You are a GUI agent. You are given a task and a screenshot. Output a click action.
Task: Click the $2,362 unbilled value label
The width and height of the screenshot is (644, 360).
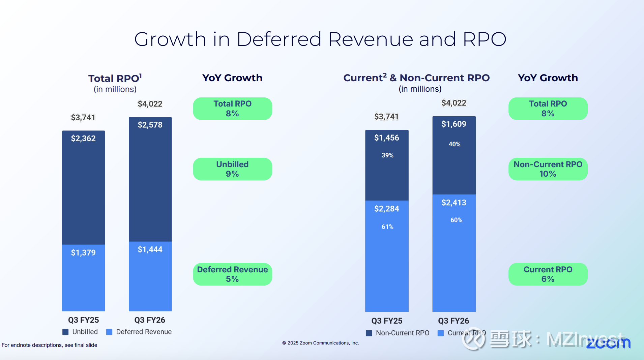coord(83,139)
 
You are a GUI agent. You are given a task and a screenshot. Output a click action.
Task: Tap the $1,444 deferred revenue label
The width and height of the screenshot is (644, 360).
coord(150,249)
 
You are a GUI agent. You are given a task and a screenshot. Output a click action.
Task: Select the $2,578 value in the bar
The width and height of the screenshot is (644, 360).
coord(150,125)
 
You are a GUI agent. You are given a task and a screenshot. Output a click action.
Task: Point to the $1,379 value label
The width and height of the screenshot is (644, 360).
coord(83,253)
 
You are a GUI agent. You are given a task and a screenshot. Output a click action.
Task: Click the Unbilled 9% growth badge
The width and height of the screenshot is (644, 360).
coord(232,169)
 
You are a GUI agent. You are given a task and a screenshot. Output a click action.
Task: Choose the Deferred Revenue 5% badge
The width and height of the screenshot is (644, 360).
coord(232,274)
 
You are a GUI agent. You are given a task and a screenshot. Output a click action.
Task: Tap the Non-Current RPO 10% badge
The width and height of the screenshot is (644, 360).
coord(548,169)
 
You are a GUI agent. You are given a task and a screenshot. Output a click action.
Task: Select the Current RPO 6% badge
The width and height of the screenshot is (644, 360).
coord(548,274)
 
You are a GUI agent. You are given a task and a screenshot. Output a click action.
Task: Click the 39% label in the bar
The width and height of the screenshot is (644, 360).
coord(387,155)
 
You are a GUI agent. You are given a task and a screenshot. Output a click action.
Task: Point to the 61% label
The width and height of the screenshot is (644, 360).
coord(387,227)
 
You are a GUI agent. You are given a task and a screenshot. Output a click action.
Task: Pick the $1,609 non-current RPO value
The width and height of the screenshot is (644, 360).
coord(454,124)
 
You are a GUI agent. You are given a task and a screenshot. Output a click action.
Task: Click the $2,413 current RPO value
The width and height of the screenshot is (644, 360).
coord(454,203)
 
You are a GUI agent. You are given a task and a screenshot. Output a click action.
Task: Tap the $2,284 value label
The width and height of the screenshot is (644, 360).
coord(387,209)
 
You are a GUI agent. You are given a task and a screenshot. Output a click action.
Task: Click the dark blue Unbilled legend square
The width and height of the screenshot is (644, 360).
coord(66,332)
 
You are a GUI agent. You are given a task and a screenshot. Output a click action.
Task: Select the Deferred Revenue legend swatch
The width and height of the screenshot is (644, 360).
coord(109,332)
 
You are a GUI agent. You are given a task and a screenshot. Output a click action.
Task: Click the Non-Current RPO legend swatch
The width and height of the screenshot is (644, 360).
coord(369,333)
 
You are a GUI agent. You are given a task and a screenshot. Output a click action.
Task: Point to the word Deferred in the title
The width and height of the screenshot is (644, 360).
coord(279,39)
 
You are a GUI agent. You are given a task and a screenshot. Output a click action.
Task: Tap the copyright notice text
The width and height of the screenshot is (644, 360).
coord(320,343)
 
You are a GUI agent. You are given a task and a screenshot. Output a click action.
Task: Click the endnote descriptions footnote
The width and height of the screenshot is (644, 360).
coord(50,345)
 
